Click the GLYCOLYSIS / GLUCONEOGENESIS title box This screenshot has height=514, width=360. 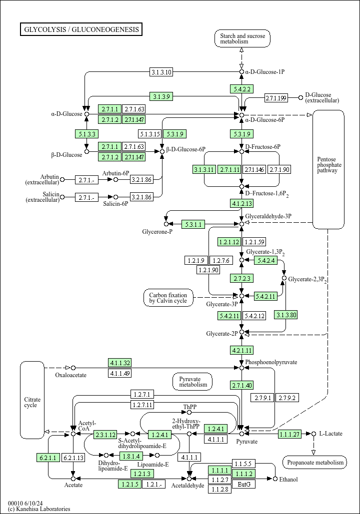click(x=81, y=29)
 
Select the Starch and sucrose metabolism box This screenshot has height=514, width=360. click(x=242, y=38)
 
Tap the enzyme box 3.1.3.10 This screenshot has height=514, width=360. click(x=161, y=72)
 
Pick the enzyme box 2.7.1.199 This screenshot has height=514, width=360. click(x=276, y=97)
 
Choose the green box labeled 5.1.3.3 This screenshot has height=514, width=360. click(x=86, y=133)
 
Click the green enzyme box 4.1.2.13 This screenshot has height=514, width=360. click(x=242, y=203)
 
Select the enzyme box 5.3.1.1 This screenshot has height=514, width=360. click(x=193, y=224)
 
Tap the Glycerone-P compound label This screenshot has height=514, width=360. click(x=157, y=232)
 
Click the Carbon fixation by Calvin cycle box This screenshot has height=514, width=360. click(x=168, y=298)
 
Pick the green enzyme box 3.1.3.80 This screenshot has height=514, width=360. click(x=286, y=315)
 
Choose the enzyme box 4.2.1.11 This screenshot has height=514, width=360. click(x=242, y=350)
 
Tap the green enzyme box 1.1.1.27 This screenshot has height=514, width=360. click(x=290, y=434)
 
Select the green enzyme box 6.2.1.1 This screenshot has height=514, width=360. click(x=48, y=457)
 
